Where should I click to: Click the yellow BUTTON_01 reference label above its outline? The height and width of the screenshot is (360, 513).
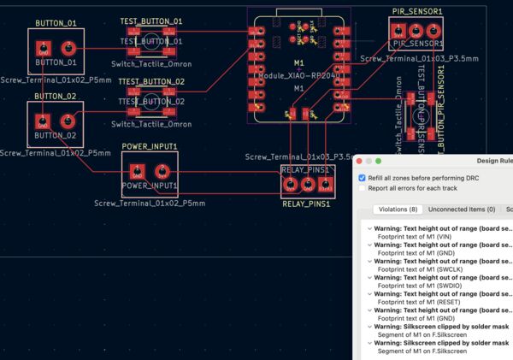56,23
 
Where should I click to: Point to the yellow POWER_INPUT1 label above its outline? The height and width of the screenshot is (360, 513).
150,146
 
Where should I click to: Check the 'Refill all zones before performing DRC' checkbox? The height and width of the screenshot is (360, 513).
362,177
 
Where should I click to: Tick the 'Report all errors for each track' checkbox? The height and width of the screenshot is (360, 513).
362,187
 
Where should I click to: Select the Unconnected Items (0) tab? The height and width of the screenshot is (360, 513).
462,210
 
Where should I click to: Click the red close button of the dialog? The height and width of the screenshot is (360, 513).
363,161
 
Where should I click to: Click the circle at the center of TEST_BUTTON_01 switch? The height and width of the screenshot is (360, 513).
150,38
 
